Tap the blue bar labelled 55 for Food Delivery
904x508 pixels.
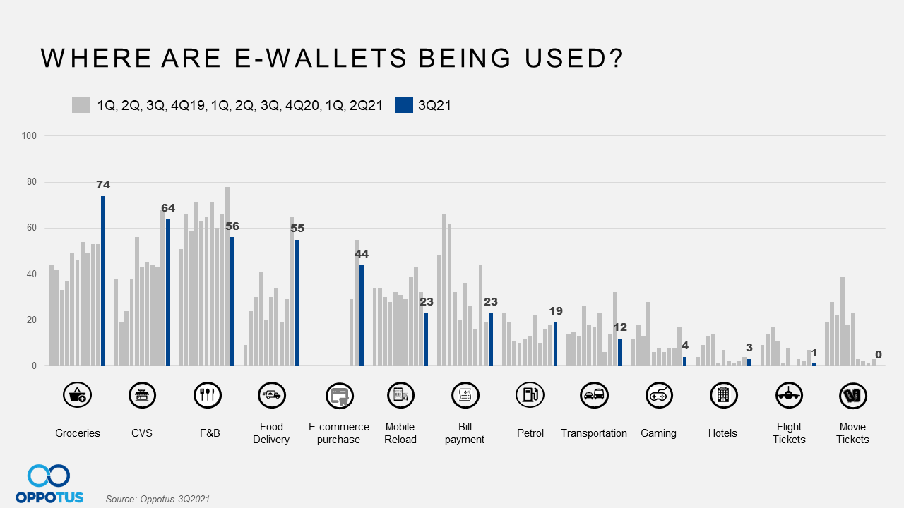pyautogui.click(x=297, y=303)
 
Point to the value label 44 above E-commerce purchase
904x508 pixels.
pyautogui.click(x=362, y=254)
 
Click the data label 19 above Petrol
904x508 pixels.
pyautogui.click(x=556, y=311)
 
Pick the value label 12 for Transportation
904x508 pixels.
pyautogui.click(x=620, y=327)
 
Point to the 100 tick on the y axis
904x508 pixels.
pyautogui.click(x=30, y=135)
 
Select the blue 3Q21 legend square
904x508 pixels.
pyautogui.click(x=404, y=105)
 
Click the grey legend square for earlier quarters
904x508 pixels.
pyautogui.click(x=81, y=105)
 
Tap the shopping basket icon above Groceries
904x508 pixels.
pyautogui.click(x=77, y=395)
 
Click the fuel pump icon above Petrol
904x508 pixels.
pyautogui.click(x=530, y=395)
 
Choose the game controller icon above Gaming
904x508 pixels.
pyautogui.click(x=659, y=395)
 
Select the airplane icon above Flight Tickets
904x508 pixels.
pyautogui.click(x=788, y=395)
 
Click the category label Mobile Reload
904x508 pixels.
pyautogui.click(x=400, y=433)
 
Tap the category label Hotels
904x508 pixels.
pyautogui.click(x=722, y=433)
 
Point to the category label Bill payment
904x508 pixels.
pyautogui.click(x=465, y=433)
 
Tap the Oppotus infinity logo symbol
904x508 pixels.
pyautogui.click(x=49, y=476)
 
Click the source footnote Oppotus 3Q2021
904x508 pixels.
pyautogui.click(x=157, y=499)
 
